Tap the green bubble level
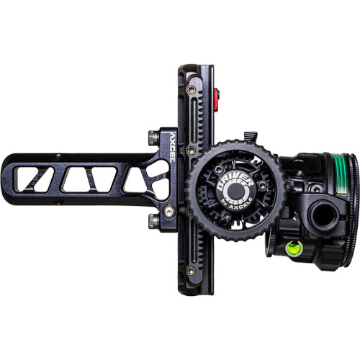293,248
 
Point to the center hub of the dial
235,190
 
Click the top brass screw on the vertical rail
191,91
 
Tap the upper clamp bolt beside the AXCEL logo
153,137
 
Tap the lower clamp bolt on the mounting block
153,220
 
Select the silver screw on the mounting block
168,211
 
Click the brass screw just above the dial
191,150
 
